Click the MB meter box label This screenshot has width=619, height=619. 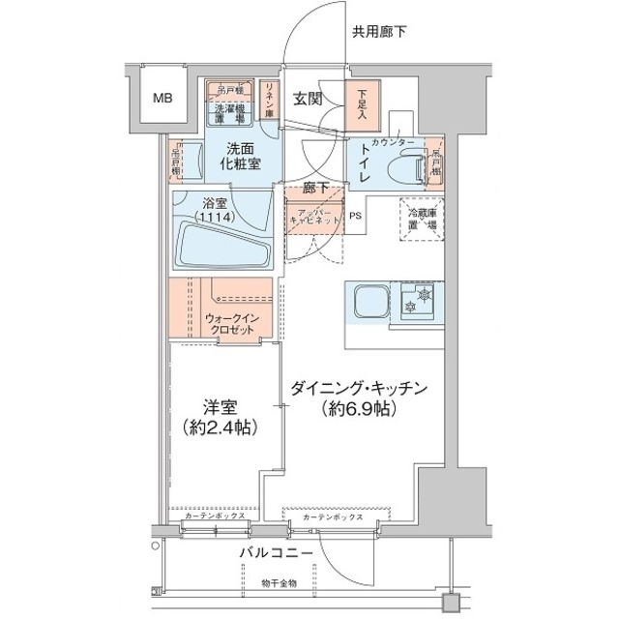click(162, 97)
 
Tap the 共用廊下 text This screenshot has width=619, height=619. click(378, 31)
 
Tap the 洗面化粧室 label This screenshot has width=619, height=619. click(243, 156)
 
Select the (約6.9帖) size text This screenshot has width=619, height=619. click(357, 410)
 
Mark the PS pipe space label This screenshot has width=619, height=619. click(356, 216)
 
